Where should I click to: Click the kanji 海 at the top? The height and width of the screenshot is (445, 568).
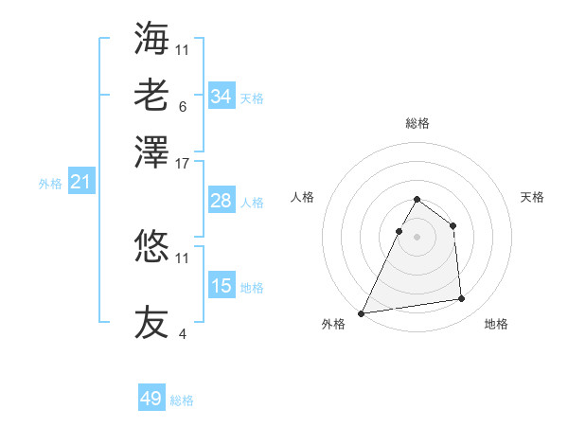(x=151, y=39)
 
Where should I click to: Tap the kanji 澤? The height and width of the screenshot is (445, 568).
(x=151, y=151)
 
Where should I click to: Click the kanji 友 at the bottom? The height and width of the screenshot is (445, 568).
(x=151, y=322)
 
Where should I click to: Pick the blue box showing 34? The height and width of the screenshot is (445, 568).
(x=222, y=97)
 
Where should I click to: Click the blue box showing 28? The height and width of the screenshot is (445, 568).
(x=222, y=201)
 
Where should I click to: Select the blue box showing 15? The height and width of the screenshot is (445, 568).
(x=222, y=286)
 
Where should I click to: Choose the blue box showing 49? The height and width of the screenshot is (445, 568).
(x=151, y=399)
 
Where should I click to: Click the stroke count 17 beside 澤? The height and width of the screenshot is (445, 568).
(x=183, y=163)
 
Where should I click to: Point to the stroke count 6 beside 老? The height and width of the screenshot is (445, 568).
(x=183, y=106)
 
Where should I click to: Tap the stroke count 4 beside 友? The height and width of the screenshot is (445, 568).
(x=183, y=333)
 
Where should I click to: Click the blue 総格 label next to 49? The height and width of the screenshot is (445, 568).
(x=182, y=400)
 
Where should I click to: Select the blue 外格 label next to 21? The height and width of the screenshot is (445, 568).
(x=49, y=184)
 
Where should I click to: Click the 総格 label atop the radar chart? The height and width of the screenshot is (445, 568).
(x=417, y=124)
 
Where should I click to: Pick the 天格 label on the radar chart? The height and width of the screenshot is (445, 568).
(x=533, y=197)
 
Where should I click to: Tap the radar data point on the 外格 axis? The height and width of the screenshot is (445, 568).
(x=361, y=313)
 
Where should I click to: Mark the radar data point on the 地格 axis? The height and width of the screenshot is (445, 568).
(x=462, y=299)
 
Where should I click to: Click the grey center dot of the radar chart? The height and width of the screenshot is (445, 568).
(x=417, y=237)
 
